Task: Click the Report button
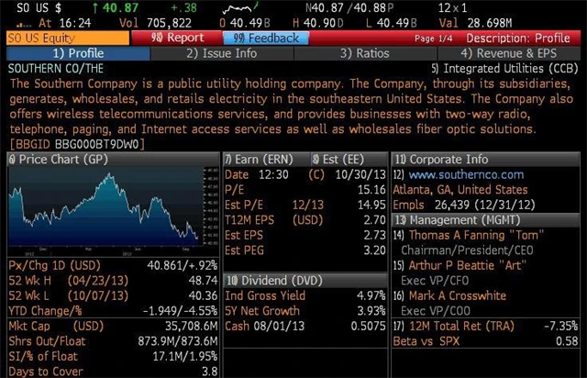click(x=177, y=39)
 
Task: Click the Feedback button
click(x=266, y=39)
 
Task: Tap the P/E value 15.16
click(x=368, y=190)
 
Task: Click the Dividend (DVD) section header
click(x=276, y=279)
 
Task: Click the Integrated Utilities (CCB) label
click(x=511, y=69)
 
